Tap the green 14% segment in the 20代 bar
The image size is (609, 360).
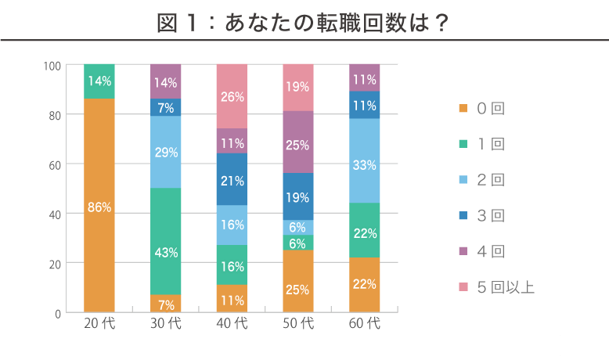coord(99,81)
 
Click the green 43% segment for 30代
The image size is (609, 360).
coord(166,252)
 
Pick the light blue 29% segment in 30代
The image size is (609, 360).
coord(166,152)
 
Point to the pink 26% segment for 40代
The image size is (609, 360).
coord(232,96)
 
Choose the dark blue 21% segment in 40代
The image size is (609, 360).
coord(232,180)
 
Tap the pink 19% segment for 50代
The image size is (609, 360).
coord(298,87)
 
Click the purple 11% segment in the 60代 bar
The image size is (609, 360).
coord(365,78)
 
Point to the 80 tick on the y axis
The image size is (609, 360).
coord(54,115)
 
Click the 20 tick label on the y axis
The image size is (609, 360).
coord(54,264)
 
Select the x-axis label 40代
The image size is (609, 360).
coord(232,323)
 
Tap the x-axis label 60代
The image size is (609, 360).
coord(365,323)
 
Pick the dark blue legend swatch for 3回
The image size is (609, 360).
coord(463,215)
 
